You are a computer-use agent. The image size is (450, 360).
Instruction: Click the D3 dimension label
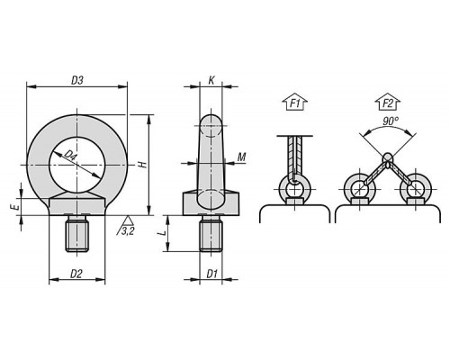click(x=77, y=80)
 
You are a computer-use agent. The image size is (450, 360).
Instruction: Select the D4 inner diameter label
click(x=69, y=156)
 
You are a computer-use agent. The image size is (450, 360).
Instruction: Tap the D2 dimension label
click(x=76, y=274)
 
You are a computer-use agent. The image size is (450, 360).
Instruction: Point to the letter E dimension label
click(x=16, y=207)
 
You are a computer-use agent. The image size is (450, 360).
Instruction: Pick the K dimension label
click(x=211, y=80)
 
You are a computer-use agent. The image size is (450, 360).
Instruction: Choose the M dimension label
click(x=242, y=157)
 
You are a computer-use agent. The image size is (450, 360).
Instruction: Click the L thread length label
click(x=162, y=233)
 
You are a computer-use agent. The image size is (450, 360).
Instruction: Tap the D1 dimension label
click(x=211, y=274)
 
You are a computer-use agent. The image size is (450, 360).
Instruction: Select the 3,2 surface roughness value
click(x=128, y=231)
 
